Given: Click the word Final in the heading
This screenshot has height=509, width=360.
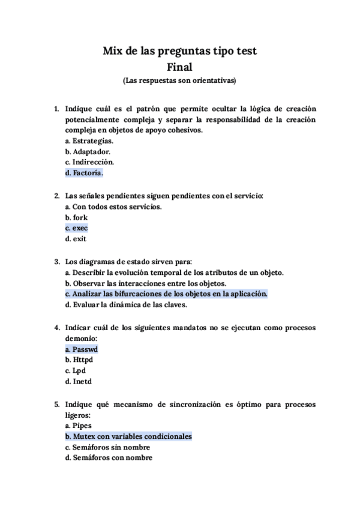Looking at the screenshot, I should pos(179,66).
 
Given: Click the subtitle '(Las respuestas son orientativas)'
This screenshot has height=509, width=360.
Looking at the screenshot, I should pos(179,80).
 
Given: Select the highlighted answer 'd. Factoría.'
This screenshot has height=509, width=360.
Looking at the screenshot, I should pos(84,173).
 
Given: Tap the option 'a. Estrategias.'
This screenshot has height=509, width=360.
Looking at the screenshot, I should pos(89,141).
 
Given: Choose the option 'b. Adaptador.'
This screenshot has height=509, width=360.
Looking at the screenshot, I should pos(88,152).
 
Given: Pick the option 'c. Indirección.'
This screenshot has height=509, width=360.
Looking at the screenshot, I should pos(89,163).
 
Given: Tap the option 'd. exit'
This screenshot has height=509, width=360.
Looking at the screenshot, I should pos(76,239).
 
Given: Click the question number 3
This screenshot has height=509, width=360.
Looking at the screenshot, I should pos(56,261).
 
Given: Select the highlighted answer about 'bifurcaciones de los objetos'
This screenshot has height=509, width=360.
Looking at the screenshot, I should pos(166,294).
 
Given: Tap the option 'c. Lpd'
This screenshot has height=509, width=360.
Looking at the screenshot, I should pos(76,370).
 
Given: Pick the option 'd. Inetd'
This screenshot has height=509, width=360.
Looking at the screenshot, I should pos(78,381).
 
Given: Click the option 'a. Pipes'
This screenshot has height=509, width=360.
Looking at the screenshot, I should pos(79,426).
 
